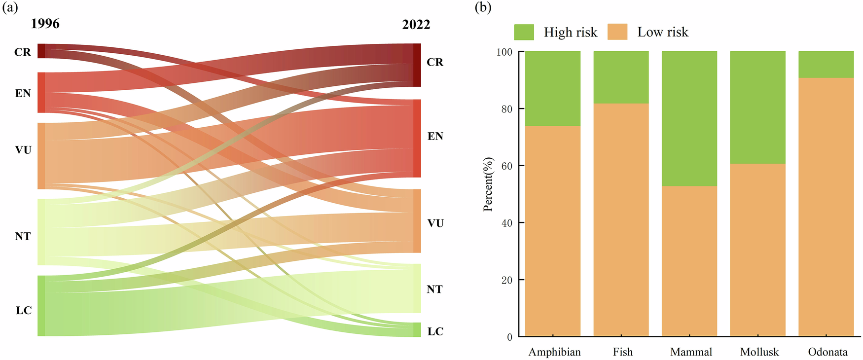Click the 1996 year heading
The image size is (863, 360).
coord(45,24)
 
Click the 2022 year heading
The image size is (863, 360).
coord(416,25)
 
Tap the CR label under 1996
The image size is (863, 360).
coord(22,52)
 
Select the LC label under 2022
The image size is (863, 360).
coord(435,332)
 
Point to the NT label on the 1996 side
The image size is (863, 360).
coord(23,237)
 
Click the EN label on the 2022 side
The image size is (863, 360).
coord(435,137)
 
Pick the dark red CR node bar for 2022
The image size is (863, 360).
coord(417,65)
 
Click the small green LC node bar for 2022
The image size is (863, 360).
coord(417,329)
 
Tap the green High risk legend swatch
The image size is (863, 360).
coord(524,32)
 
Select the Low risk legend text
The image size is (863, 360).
coord(662,32)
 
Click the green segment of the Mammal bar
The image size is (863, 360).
coord(689,118)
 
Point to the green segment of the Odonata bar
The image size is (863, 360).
coord(826,64)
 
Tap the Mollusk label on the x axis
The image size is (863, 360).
coord(759,352)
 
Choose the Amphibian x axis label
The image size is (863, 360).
coord(554,352)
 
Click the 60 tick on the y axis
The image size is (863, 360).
coord(506,166)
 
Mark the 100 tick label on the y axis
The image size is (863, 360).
coord(504,52)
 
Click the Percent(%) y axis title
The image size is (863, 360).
coord(488,184)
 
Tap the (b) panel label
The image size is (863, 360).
coord(483,7)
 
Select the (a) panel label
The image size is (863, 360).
coord(10,7)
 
